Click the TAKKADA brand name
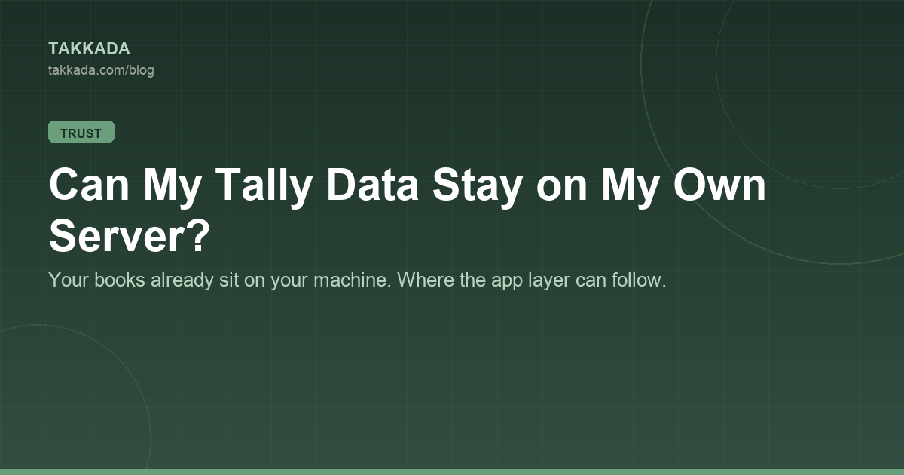click(x=89, y=49)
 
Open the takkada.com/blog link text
click(x=101, y=70)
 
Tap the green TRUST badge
click(x=81, y=132)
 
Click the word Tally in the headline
click(x=264, y=185)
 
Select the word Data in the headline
click(x=372, y=185)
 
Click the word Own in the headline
click(x=719, y=185)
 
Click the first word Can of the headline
click(x=89, y=185)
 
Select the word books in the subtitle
click(x=120, y=280)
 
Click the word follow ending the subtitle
click(x=639, y=280)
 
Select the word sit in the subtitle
click(x=229, y=280)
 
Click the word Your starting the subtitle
click(x=69, y=280)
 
